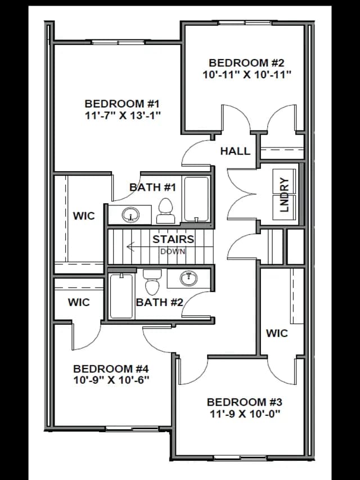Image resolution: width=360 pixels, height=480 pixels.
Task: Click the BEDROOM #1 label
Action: point(122,104)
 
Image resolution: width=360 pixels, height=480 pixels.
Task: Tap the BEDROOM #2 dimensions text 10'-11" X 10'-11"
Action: point(247,74)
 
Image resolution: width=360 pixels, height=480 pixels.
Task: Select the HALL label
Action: point(236,151)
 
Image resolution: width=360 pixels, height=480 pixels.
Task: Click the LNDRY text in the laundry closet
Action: point(285,195)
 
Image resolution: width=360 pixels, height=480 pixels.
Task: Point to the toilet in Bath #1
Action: point(165,210)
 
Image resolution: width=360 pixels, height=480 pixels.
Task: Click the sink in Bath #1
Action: point(130,215)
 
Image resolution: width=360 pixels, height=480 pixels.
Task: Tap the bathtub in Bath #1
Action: point(196,199)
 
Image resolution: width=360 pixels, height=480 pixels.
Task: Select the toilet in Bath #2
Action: point(152,281)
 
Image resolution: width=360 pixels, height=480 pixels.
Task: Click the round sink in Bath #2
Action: point(188,279)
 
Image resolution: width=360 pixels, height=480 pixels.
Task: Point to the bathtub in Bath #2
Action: point(121,297)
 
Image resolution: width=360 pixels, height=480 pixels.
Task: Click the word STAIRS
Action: point(173,239)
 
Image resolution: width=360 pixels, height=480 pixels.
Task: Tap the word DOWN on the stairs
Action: point(173,252)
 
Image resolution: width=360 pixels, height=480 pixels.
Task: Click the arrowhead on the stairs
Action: point(130,246)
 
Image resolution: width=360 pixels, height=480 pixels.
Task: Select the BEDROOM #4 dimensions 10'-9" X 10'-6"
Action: point(111,380)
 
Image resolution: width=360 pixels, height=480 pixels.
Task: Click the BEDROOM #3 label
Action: point(245,402)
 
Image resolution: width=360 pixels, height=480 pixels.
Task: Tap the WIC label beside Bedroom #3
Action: point(277,333)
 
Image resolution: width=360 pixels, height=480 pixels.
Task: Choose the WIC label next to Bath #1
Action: point(84,216)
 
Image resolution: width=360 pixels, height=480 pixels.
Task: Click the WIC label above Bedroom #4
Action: point(79,302)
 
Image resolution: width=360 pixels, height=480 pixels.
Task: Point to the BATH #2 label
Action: point(160,302)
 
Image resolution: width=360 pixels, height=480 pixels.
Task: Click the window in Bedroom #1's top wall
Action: point(118,42)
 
